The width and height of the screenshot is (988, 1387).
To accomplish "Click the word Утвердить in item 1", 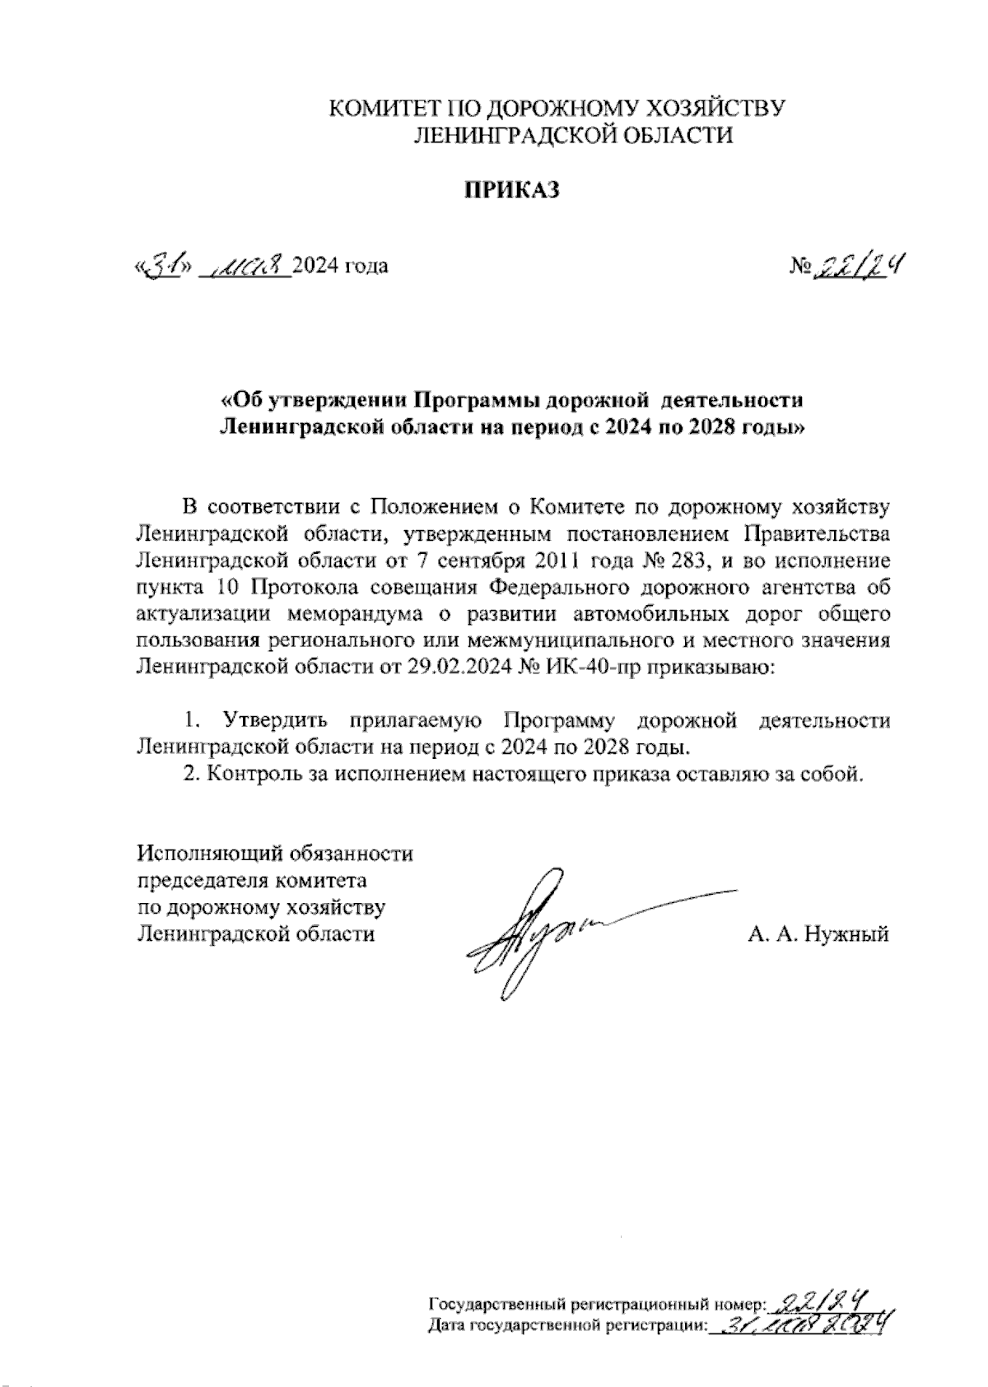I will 276,720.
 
